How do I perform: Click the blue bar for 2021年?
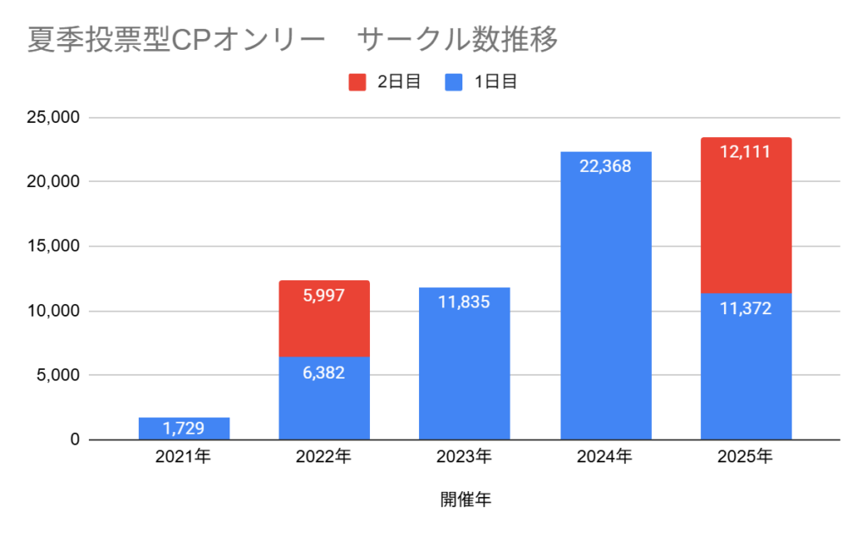pos(184,428)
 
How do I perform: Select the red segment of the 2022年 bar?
pos(324,318)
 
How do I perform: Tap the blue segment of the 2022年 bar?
pos(324,398)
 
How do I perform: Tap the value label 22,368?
pos(605,166)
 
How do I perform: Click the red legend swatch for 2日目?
pos(356,82)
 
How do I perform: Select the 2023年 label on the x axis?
pos(465,457)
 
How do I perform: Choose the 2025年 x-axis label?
pos(746,457)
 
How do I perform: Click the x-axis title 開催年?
pos(465,500)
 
